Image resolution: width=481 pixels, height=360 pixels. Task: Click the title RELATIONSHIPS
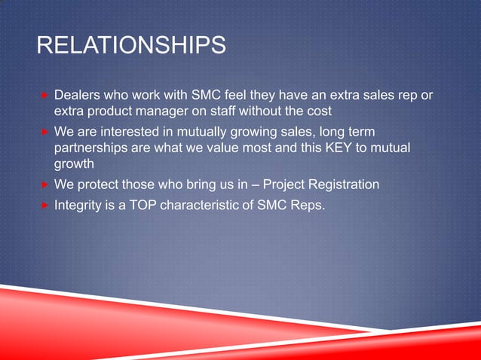point(131,47)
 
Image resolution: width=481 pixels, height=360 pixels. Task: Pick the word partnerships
point(90,148)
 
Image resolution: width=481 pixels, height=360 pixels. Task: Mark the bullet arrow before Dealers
point(45,96)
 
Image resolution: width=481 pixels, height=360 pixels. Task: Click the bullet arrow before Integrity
point(45,203)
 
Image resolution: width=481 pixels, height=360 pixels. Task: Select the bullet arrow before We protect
point(45,185)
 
